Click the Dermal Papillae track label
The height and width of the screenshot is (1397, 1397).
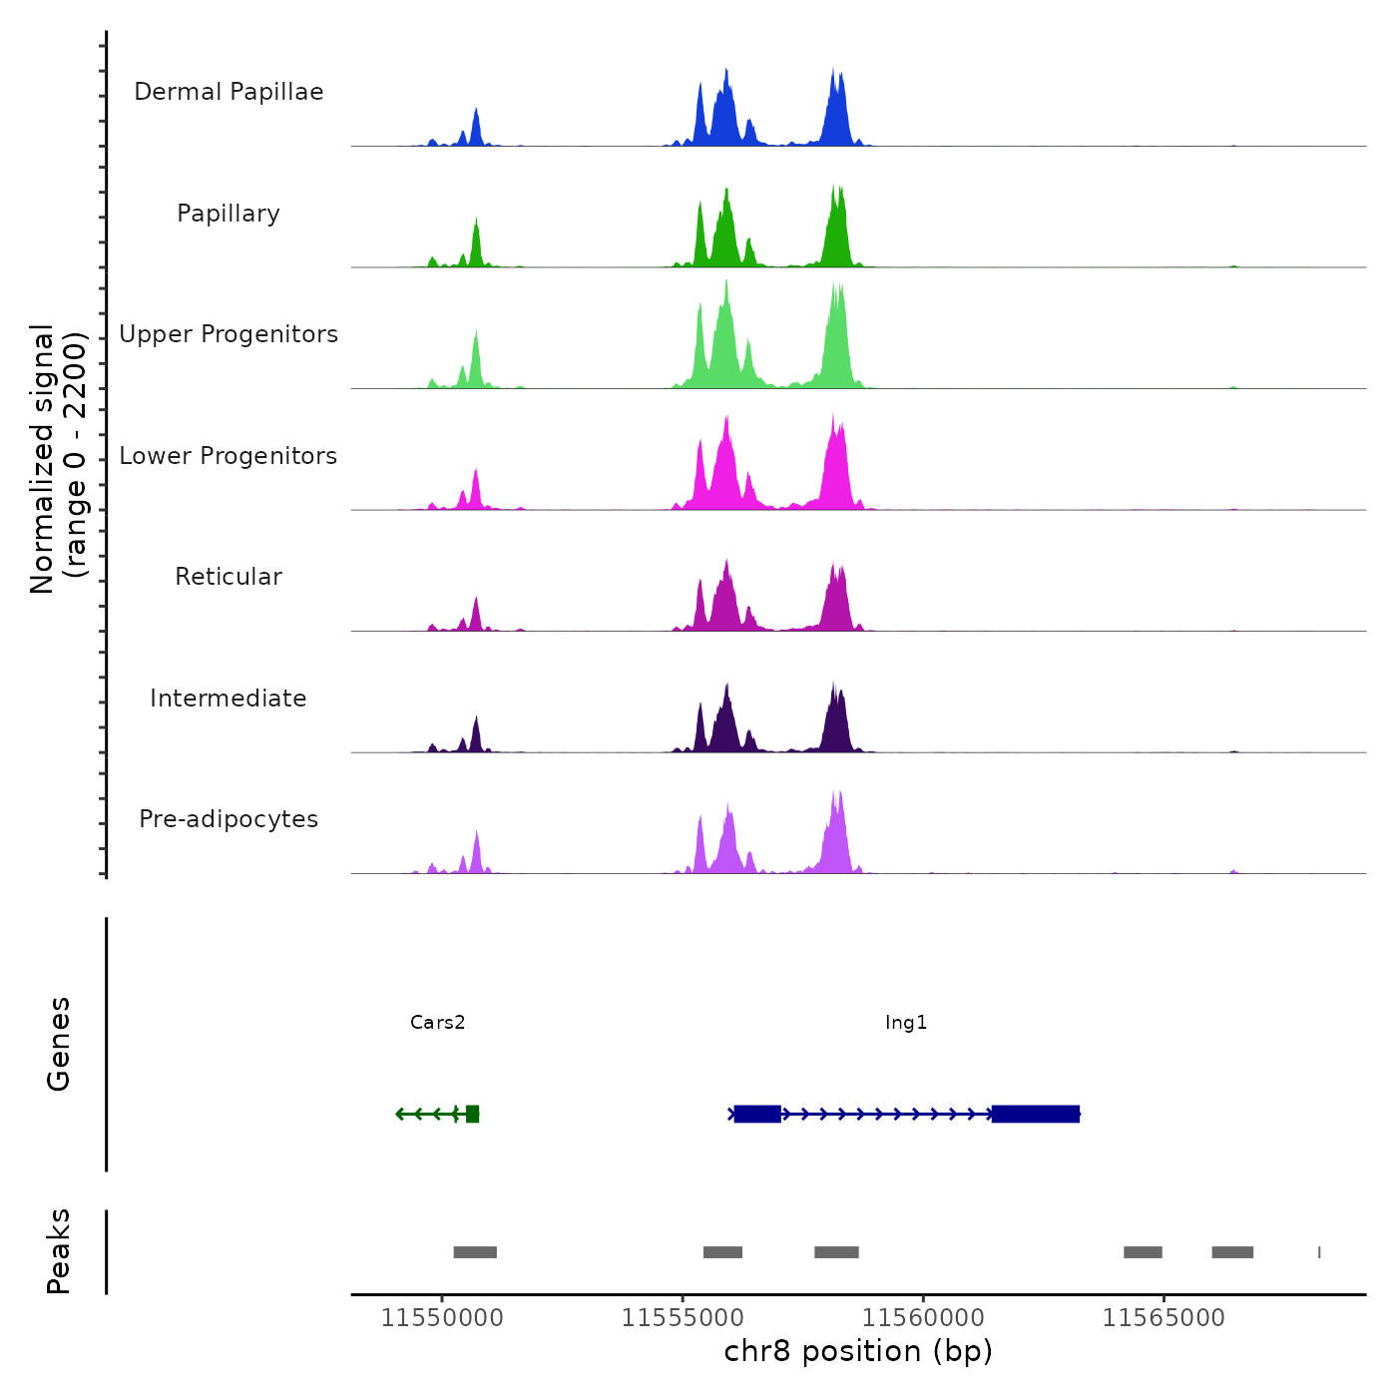(229, 92)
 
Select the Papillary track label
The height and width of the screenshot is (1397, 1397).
(229, 214)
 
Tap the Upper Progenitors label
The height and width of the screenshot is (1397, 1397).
(229, 334)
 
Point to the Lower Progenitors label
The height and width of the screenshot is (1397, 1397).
(229, 456)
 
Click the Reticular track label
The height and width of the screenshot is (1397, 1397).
(229, 577)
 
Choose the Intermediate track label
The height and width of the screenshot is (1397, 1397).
(229, 698)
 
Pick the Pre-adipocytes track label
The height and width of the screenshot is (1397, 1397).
(229, 819)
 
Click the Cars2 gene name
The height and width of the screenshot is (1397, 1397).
(437, 1022)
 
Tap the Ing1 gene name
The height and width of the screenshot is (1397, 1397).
(906, 1022)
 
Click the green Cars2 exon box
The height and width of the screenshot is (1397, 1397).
(472, 1114)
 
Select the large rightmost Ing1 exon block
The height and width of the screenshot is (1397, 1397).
(1036, 1114)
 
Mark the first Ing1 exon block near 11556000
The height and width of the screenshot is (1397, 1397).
(757, 1114)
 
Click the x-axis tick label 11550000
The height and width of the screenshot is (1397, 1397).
(442, 1318)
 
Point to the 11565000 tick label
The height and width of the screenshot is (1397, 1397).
(1164, 1318)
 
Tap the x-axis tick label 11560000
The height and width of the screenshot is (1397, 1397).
(923, 1318)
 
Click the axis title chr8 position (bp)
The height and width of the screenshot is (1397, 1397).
(858, 1352)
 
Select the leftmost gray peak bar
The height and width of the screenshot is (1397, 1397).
(475, 1252)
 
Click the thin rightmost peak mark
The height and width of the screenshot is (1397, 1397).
(1319, 1252)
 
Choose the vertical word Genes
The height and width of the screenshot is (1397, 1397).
(59, 1044)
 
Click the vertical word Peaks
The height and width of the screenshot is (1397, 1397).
(59, 1251)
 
